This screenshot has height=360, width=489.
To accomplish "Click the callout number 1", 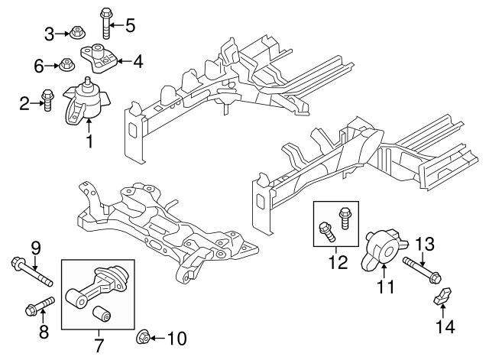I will pyautogui.click(x=90, y=141).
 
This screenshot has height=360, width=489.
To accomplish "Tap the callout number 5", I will pyautogui.click(x=130, y=26).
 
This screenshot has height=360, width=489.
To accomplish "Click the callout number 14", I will pyautogui.click(x=445, y=327).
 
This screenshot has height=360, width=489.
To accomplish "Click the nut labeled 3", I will pyautogui.click(x=76, y=33).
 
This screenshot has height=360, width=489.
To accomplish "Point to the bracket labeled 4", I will pyautogui.click(x=99, y=56).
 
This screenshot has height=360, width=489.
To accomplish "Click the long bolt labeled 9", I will pyautogui.click(x=29, y=271).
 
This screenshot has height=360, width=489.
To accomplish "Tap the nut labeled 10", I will pyautogui.click(x=141, y=336).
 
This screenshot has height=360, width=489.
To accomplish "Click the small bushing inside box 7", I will pyautogui.click(x=101, y=313).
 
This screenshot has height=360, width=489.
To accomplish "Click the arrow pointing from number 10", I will pyautogui.click(x=155, y=337).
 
